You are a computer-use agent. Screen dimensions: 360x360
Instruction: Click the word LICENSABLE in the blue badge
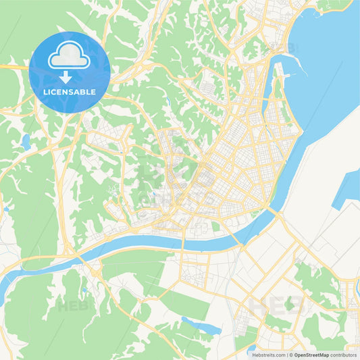click(x=70, y=91)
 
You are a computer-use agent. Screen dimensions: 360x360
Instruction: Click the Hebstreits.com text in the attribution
click(x=267, y=354)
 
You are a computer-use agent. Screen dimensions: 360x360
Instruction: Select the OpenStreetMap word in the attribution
click(x=311, y=354)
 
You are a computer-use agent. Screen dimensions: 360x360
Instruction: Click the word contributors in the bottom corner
click(x=343, y=354)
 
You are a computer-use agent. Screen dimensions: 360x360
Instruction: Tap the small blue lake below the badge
click(x=26, y=143)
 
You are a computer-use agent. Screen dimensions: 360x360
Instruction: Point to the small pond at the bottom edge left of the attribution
click(x=251, y=350)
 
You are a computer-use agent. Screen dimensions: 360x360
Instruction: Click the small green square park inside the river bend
click(x=216, y=227)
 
